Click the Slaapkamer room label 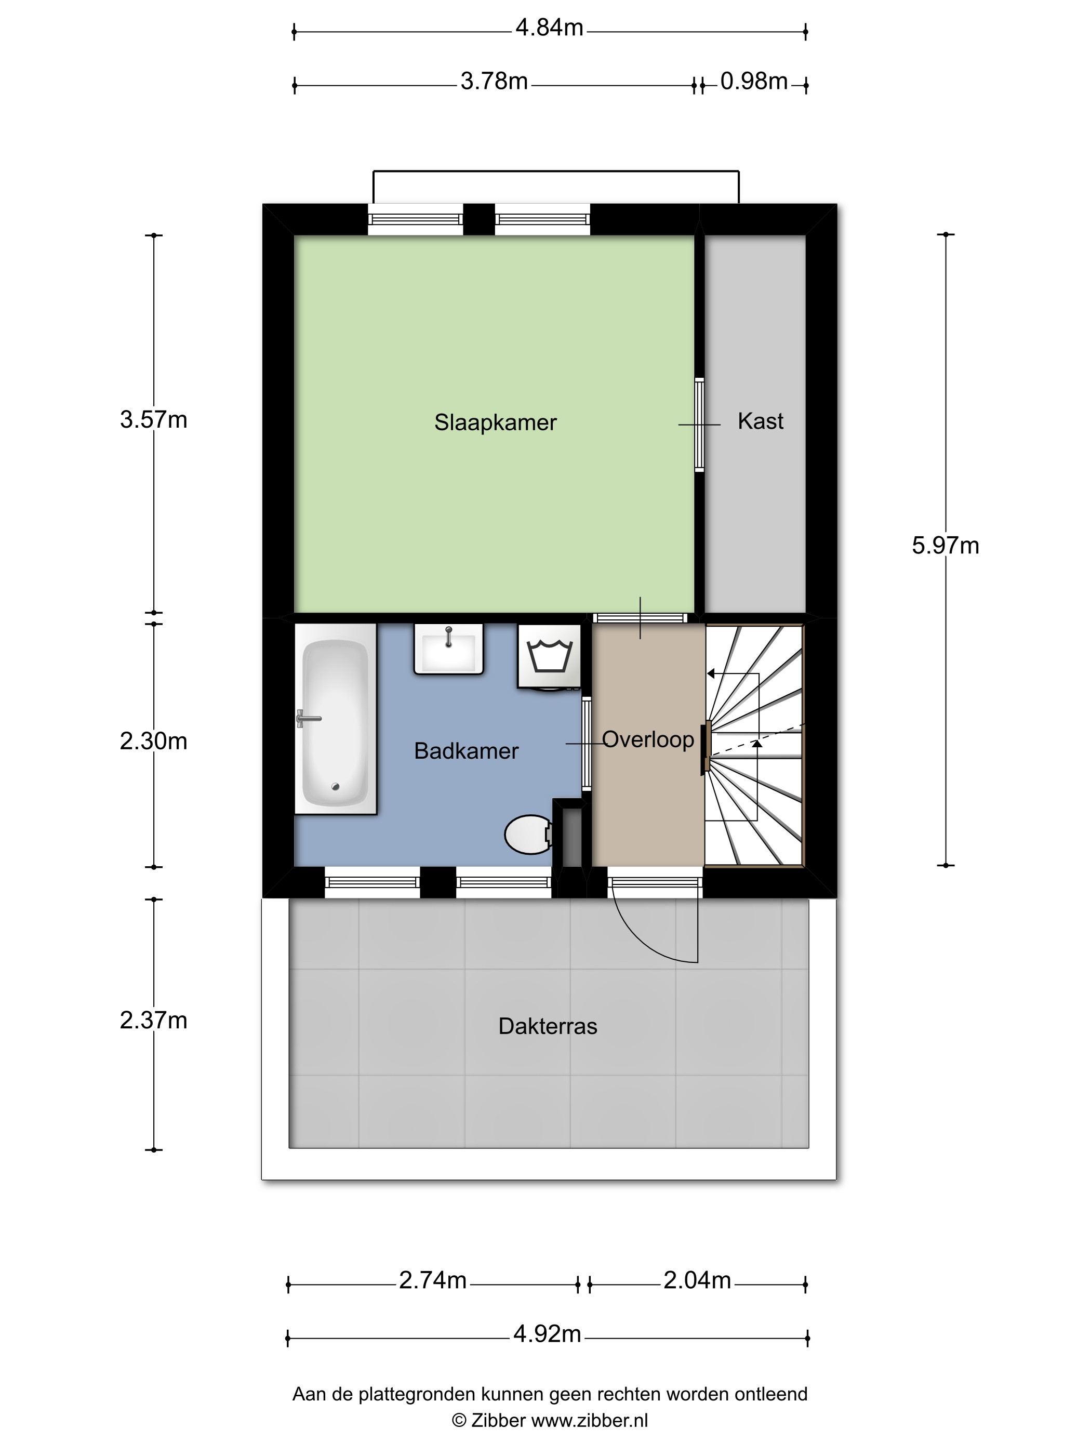[495, 422]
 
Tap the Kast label [760, 421]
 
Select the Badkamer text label [466, 751]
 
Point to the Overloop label [648, 740]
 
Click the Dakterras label [548, 1026]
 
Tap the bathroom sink [448, 649]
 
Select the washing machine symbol [549, 656]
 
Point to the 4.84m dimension [549, 28]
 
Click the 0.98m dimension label [754, 82]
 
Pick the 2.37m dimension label [153, 1020]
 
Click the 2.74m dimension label [433, 1280]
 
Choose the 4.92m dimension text [547, 1334]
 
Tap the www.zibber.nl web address [589, 1421]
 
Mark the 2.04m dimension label [697, 1280]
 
